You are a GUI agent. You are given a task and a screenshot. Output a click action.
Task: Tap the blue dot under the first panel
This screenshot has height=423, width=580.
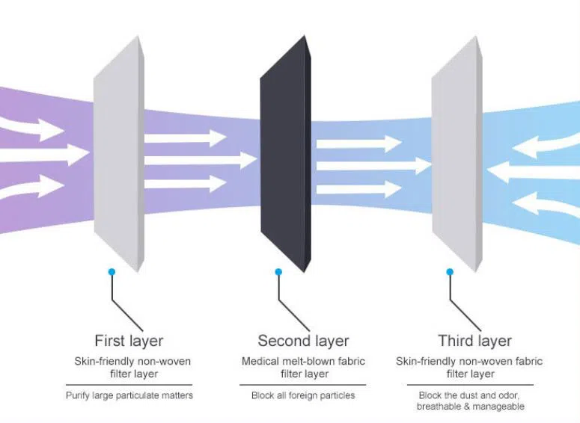point(112,272)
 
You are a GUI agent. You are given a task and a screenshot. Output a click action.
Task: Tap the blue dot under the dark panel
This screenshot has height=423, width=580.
point(278,272)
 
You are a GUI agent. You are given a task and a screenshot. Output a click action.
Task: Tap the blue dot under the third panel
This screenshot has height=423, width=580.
point(449,272)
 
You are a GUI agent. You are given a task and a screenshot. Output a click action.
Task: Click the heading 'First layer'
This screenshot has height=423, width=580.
point(129,341)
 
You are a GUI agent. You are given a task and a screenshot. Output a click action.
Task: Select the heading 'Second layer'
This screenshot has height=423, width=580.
point(303,341)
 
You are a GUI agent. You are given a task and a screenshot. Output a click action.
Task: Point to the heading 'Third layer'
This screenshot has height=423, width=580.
point(474,341)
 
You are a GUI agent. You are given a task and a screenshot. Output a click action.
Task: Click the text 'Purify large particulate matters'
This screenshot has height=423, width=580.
point(129,395)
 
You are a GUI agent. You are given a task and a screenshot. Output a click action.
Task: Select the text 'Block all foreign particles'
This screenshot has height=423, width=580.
point(303,395)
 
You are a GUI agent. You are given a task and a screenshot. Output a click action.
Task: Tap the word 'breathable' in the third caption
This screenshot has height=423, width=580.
point(441,407)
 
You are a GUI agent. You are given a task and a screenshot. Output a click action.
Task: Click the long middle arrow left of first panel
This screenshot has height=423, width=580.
point(45,155)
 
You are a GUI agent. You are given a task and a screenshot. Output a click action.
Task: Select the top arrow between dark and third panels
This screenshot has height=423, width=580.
point(359,142)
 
